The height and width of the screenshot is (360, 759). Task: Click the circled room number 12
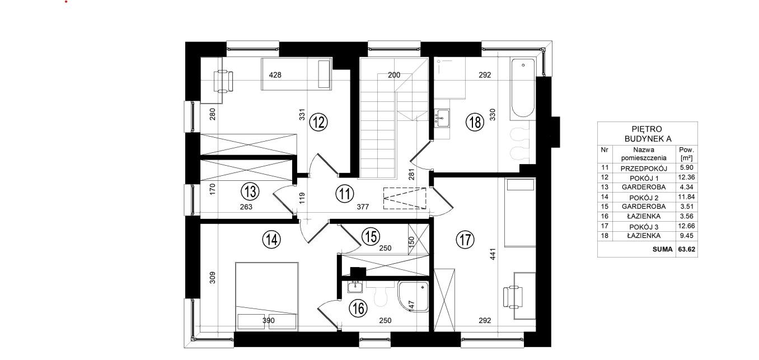tap(318, 122)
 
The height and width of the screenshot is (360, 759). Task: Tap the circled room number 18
tap(475, 122)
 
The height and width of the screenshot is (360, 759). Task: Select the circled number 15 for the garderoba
tap(371, 236)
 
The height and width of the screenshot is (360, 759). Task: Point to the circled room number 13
tap(250, 191)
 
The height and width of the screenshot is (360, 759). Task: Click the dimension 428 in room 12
tap(275, 75)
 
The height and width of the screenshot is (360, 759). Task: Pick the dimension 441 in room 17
tap(493, 254)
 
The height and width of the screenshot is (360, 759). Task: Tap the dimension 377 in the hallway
tap(363, 207)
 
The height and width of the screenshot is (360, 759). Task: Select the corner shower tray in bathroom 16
tap(413, 297)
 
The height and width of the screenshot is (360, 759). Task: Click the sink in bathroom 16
tap(355, 287)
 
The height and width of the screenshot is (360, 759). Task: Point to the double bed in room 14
tap(267, 296)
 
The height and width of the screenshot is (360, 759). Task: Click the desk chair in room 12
tap(224, 81)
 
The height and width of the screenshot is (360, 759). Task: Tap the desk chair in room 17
tap(513, 297)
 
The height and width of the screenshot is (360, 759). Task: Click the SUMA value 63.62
tap(686, 250)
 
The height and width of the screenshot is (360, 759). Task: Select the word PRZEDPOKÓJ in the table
tap(644, 169)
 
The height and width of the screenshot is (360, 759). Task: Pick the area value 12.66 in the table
tap(686, 226)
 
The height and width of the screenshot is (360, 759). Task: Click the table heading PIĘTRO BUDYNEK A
tap(648, 134)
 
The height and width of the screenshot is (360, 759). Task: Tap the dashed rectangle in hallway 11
tap(405, 198)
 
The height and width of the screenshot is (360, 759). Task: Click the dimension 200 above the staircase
tap(394, 75)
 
